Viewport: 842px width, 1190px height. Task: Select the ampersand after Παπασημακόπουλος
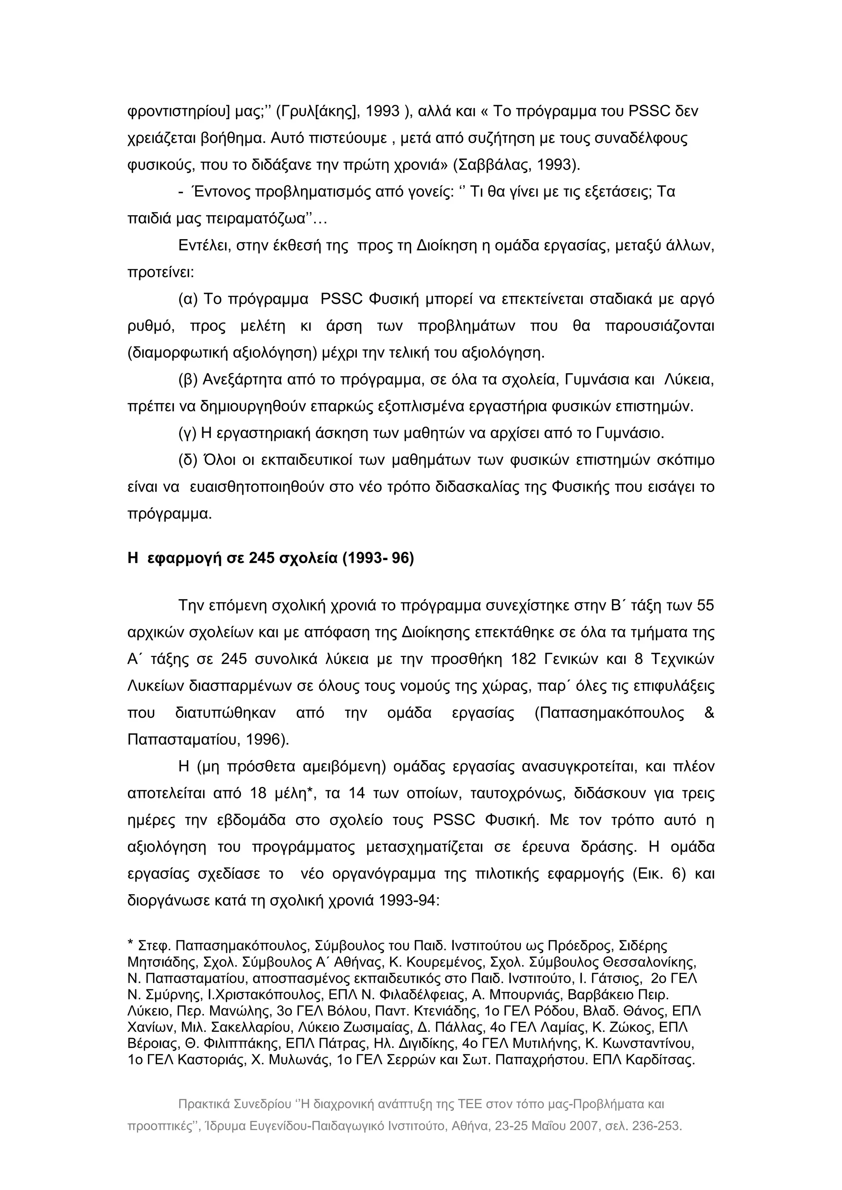[x=709, y=713]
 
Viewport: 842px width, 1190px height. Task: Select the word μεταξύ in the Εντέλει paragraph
[x=642, y=246]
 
